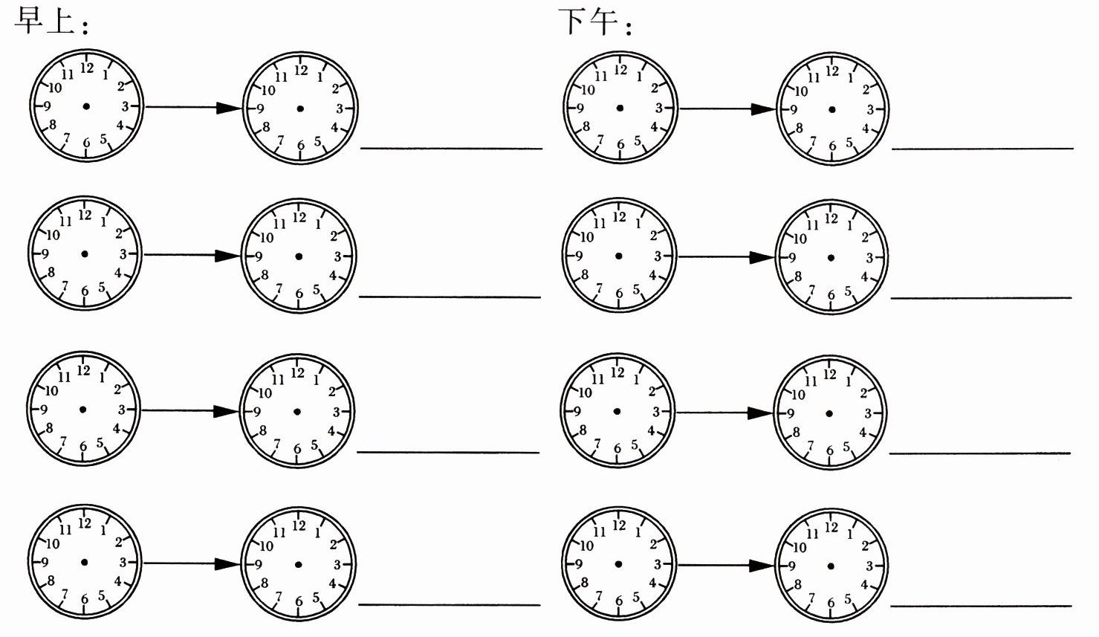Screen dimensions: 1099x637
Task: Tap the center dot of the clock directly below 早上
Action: coord(86,106)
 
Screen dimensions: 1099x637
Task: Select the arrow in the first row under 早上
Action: coord(193,108)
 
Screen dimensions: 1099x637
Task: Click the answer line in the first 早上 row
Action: coord(451,149)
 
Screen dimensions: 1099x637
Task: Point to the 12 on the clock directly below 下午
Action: coord(620,71)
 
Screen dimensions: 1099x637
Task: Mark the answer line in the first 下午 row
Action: coord(982,149)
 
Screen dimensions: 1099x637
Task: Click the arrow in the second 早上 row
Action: coord(192,256)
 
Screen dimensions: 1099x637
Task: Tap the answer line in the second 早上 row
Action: coord(450,297)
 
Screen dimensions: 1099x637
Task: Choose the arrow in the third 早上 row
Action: coord(190,410)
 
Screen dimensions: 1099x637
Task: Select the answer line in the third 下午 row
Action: coord(979,453)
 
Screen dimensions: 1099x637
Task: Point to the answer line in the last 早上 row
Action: coord(449,605)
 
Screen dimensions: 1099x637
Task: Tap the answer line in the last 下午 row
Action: coord(980,606)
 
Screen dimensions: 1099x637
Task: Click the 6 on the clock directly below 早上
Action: coord(86,143)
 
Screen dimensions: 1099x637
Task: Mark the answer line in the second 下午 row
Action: coord(981,298)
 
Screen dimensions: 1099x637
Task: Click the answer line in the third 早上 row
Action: coord(448,452)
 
